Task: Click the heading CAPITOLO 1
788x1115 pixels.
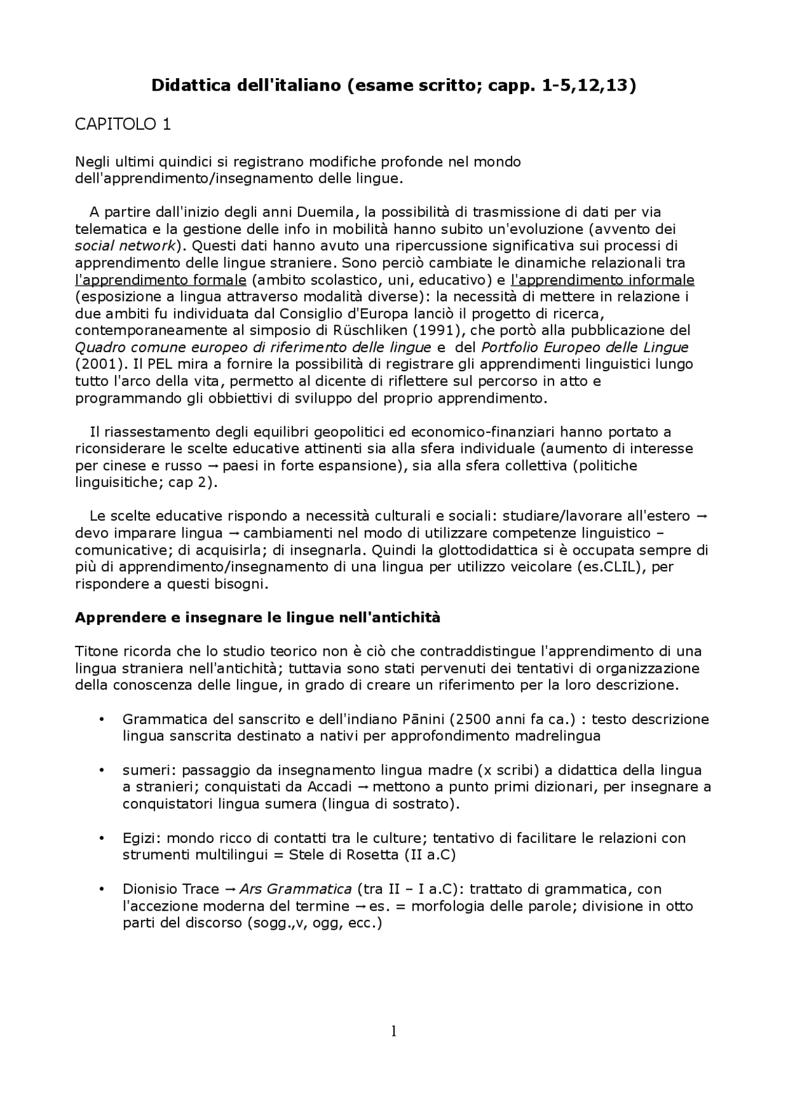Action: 123,124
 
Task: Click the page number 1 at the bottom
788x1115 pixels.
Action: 393,1031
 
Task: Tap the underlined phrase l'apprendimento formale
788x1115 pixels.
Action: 161,280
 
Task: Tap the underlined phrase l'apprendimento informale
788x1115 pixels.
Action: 603,280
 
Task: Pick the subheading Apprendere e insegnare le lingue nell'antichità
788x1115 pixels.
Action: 257,618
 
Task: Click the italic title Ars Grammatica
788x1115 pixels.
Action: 295,889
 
